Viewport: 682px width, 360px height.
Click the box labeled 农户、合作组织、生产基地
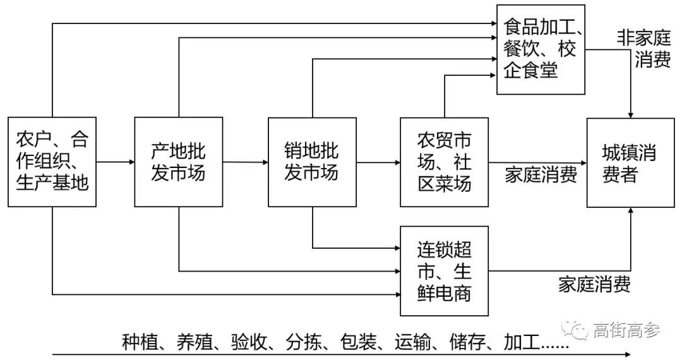tap(52, 162)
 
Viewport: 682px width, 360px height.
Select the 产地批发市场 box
tap(179, 162)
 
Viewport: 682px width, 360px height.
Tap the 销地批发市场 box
tap(312, 162)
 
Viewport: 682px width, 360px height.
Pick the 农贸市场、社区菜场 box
tap(444, 162)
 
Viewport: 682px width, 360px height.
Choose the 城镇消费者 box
tap(630, 162)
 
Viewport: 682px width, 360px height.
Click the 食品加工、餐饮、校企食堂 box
tap(541, 49)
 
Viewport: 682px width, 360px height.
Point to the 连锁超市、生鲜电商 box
tap(444, 271)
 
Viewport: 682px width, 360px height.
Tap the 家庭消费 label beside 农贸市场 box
tap(541, 175)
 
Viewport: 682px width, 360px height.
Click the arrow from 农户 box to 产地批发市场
tap(115, 162)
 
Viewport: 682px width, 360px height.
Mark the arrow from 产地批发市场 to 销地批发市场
tap(246, 162)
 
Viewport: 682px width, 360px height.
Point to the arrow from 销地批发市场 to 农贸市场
tap(378, 162)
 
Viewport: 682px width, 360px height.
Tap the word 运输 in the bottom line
tap(412, 342)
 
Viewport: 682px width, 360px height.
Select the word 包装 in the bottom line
tap(358, 342)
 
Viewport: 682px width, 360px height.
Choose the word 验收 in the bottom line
tap(249, 342)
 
